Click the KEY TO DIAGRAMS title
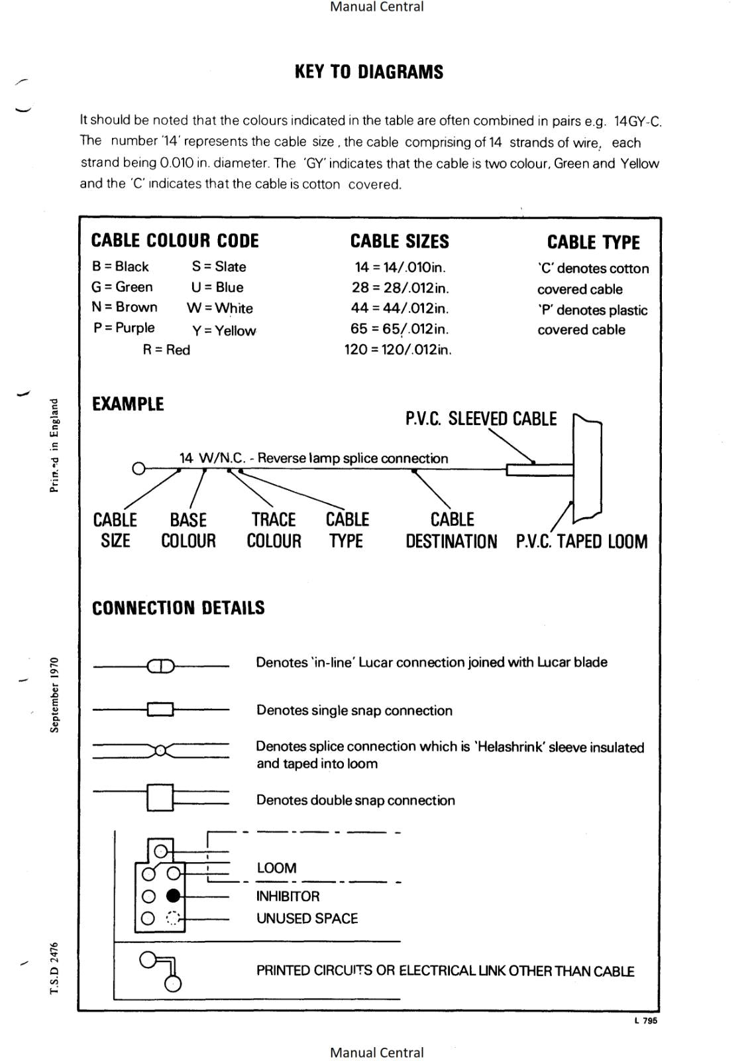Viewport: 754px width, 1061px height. coord(369,72)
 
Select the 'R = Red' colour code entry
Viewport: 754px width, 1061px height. coord(166,349)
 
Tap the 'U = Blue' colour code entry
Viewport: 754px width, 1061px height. coord(217,287)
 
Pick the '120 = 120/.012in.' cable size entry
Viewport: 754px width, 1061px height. coord(398,349)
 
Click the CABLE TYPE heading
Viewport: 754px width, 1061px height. coord(593,242)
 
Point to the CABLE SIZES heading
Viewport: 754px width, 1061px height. coord(400,241)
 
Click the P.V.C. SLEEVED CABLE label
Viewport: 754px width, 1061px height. coord(481,418)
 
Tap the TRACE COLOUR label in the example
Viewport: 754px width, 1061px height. coord(274,530)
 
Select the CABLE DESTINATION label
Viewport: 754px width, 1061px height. coord(451,530)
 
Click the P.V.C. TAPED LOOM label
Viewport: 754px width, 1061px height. coord(582,541)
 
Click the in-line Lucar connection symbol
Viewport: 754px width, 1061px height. coord(160,666)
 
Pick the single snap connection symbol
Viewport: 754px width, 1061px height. coord(160,710)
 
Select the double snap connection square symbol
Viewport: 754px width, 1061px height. coord(160,797)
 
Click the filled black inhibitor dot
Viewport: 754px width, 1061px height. coord(173,897)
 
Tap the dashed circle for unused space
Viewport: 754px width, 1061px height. coord(173,918)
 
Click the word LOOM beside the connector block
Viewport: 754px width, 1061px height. coord(276,868)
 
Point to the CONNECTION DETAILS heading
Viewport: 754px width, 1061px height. coord(178,607)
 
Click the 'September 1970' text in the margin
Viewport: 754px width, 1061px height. coord(55,694)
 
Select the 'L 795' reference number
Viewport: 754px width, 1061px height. coord(645,1021)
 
